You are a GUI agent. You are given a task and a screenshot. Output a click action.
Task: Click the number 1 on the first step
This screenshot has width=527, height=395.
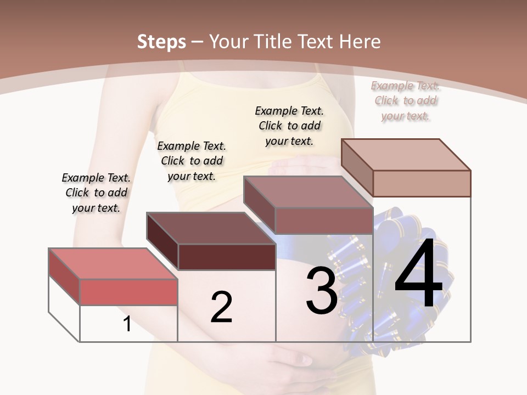click(x=127, y=324)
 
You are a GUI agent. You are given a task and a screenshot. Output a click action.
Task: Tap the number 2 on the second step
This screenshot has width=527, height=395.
click(x=221, y=307)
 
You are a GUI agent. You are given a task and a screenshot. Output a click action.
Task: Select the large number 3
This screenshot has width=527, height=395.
click(x=321, y=290)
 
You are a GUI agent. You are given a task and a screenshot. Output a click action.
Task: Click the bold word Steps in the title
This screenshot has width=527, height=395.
click(x=161, y=42)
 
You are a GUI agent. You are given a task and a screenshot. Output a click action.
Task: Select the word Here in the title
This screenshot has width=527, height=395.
click(x=360, y=42)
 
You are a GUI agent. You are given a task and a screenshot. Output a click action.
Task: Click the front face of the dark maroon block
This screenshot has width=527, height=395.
click(x=227, y=257)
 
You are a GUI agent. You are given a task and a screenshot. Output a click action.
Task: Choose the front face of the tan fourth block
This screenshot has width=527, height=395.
click(x=422, y=183)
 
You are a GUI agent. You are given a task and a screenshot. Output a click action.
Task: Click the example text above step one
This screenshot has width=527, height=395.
click(x=96, y=193)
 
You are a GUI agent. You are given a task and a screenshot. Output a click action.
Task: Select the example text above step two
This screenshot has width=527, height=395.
click(x=192, y=161)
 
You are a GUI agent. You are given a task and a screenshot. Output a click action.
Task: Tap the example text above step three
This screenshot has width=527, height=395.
click(x=289, y=126)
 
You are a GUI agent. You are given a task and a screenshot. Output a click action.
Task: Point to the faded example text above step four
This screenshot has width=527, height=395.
click(x=406, y=100)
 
